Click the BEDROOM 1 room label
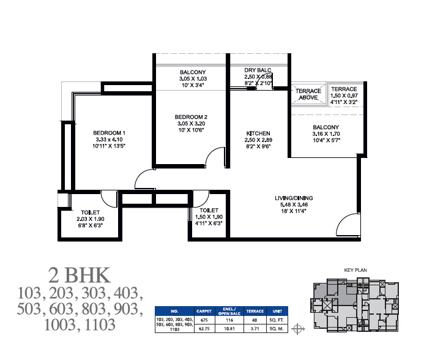click(x=109, y=133)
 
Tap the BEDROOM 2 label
click(x=191, y=117)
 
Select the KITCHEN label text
click(x=258, y=133)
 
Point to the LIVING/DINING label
click(x=294, y=198)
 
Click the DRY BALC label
click(x=258, y=70)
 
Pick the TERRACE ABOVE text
click(x=308, y=94)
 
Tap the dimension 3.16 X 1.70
click(x=326, y=133)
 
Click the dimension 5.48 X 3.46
click(x=294, y=204)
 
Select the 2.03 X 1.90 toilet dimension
click(x=91, y=219)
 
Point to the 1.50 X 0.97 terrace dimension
click(x=344, y=96)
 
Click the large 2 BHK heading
click(x=79, y=276)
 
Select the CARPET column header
click(x=204, y=311)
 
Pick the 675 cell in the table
click(x=204, y=320)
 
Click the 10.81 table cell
click(x=229, y=329)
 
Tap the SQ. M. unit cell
click(x=277, y=329)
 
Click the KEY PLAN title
click(x=355, y=270)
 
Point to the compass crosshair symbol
click(x=298, y=329)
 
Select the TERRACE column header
click(x=255, y=311)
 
